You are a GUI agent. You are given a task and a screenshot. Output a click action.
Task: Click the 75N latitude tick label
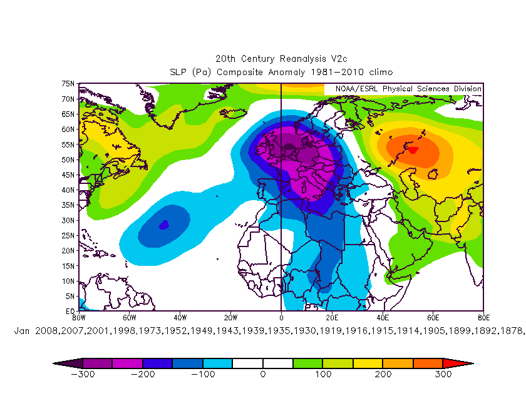click(68, 84)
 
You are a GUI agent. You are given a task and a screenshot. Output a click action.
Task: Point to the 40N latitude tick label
click(68, 190)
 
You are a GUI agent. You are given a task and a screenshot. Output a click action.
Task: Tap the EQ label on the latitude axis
click(70, 311)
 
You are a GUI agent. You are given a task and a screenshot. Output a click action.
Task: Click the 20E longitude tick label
click(332, 317)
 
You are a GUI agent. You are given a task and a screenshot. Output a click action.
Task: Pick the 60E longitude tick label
click(433, 317)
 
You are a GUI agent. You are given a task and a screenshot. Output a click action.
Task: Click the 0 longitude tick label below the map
click(281, 317)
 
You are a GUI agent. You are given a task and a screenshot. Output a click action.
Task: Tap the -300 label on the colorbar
click(81, 374)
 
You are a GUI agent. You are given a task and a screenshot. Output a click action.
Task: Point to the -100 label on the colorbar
click(202, 374)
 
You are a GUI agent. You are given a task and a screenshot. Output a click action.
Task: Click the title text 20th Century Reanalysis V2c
click(281, 58)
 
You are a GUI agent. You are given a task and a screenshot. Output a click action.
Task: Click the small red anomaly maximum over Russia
click(412, 150)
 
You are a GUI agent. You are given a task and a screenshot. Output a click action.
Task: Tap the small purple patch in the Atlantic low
click(163, 225)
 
